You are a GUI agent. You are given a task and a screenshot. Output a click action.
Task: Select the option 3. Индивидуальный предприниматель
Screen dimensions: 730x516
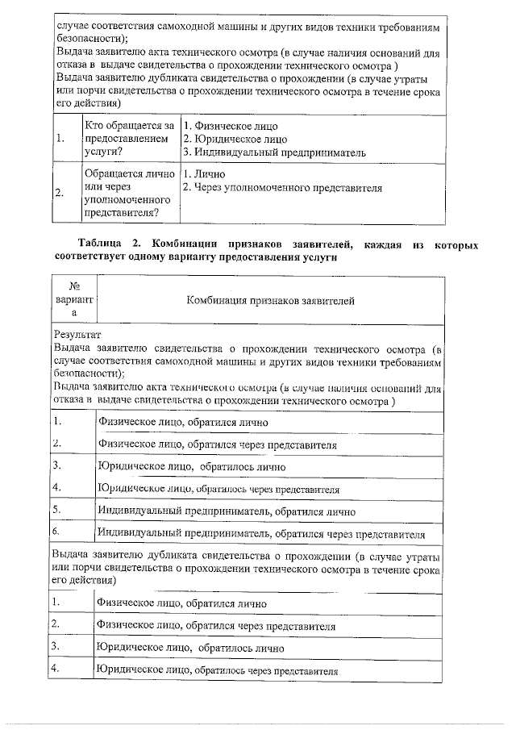pos(274,152)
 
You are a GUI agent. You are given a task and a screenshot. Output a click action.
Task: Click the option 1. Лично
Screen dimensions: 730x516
pos(205,174)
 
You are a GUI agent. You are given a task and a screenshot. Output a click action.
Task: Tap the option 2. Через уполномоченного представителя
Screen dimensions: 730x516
pos(282,188)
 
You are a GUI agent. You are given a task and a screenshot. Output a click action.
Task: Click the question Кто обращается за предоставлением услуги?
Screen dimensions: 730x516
pos(128,139)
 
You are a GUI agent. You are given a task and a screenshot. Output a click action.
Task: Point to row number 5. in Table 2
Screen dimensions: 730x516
pos(57,510)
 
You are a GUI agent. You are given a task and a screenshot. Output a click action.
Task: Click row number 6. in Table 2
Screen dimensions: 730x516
pos(57,532)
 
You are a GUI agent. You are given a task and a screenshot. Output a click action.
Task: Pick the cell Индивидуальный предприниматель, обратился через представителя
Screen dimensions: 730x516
pos(260,533)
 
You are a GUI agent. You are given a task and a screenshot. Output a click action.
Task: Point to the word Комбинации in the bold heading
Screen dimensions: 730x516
pos(193,244)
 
